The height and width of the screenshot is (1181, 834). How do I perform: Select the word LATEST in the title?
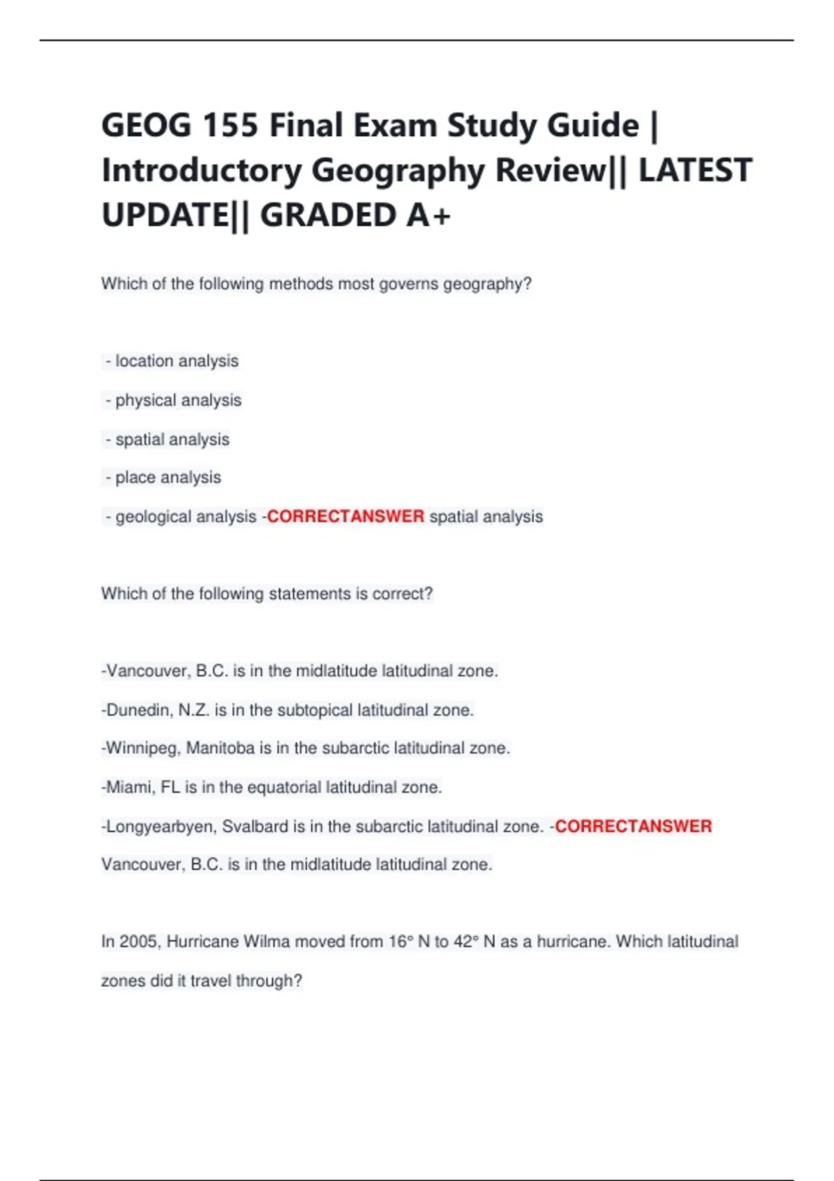pyautogui.click(x=695, y=171)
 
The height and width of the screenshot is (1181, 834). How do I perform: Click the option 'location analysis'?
pyautogui.click(x=177, y=361)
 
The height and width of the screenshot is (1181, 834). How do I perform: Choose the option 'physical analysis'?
pyautogui.click(x=178, y=400)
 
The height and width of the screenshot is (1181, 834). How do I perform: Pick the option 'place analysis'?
pyautogui.click(x=168, y=477)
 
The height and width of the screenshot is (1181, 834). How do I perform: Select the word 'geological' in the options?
pyautogui.click(x=151, y=517)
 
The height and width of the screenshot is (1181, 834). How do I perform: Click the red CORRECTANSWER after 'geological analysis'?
pyautogui.click(x=345, y=516)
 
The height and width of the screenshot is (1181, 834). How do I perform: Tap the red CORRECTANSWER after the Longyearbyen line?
pyautogui.click(x=633, y=826)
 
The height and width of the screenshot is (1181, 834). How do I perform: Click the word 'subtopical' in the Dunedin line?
pyautogui.click(x=315, y=710)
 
